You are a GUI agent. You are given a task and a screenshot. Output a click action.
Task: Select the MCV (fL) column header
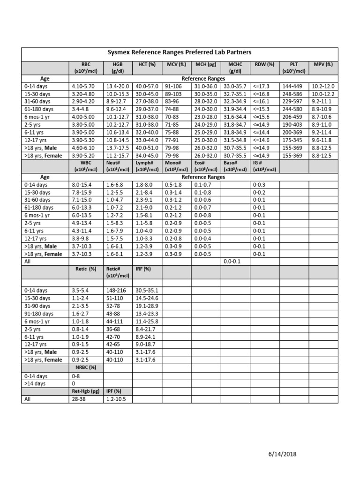(x=176, y=64)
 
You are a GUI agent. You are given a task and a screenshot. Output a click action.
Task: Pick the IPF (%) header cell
(x=114, y=390)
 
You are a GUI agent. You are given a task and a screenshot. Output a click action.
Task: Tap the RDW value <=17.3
(x=262, y=86)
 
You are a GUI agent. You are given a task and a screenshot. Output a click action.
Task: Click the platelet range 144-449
(x=292, y=86)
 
